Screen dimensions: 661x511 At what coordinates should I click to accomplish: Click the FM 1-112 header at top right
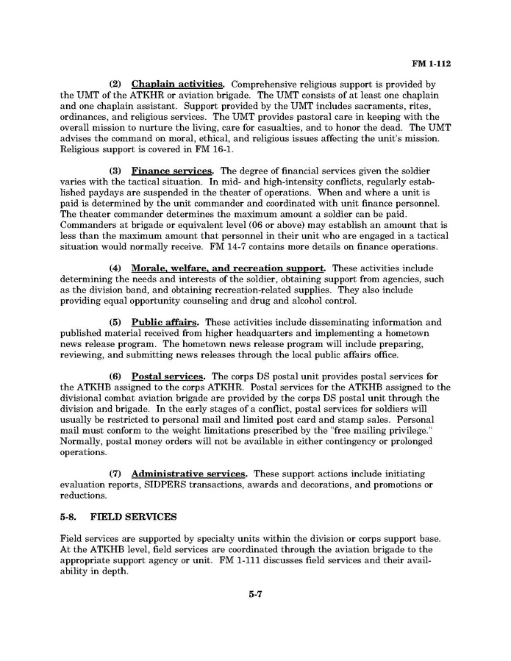[431, 64]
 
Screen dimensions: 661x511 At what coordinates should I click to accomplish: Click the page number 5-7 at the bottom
[255, 595]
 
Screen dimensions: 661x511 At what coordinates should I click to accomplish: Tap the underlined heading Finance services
[171, 171]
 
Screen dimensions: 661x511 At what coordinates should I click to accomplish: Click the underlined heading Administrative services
[189, 474]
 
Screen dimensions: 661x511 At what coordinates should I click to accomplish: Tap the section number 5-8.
[69, 518]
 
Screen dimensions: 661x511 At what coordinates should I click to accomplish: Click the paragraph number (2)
[115, 85]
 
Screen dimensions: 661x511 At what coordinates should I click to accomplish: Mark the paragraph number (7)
[115, 474]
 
